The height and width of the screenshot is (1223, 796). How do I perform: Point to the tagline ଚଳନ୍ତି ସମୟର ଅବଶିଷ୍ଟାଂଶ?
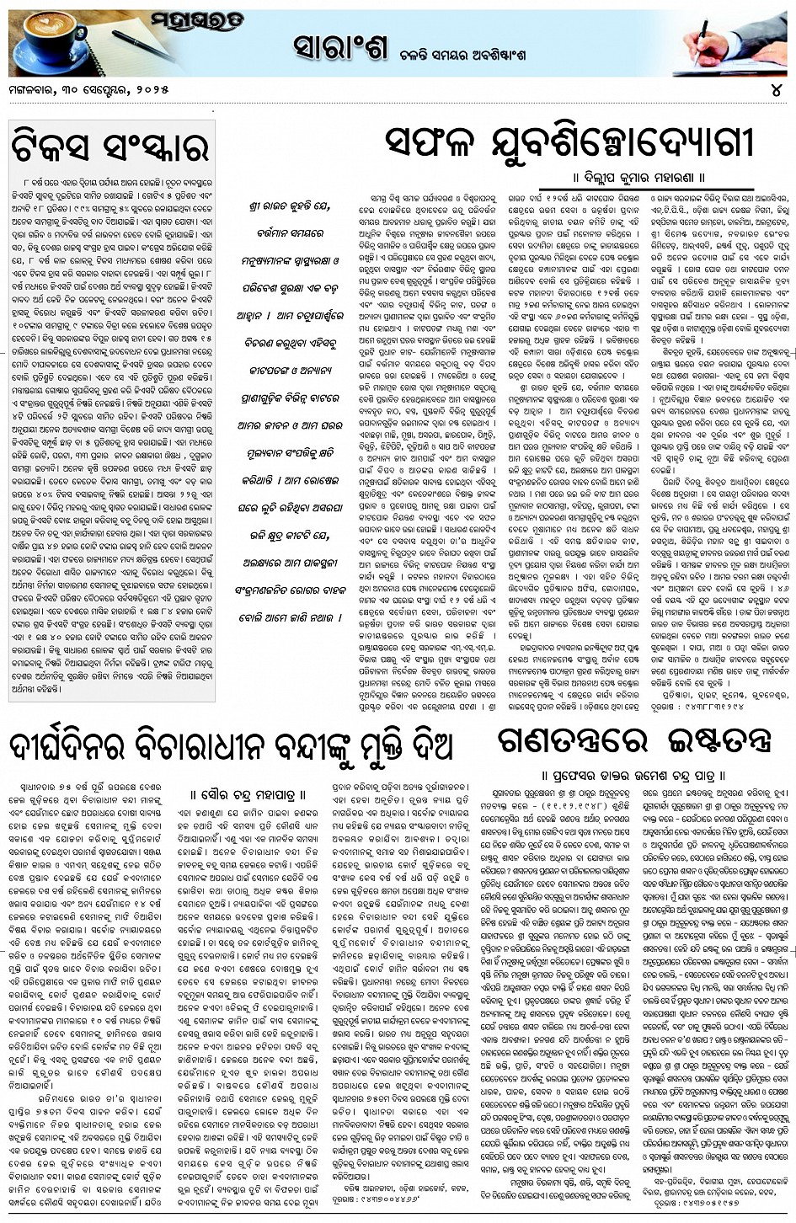[x=473, y=52]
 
